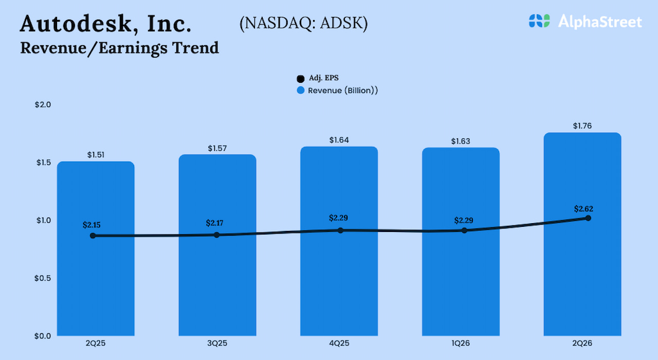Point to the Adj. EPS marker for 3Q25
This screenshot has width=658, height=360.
point(216,235)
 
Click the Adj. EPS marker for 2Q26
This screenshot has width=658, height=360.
point(588,218)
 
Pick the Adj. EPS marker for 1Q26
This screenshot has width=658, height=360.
point(464,230)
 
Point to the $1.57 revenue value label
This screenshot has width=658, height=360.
point(217,148)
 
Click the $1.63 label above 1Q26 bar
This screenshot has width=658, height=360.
point(461,141)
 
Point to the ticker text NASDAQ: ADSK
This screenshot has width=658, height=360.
point(303,24)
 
